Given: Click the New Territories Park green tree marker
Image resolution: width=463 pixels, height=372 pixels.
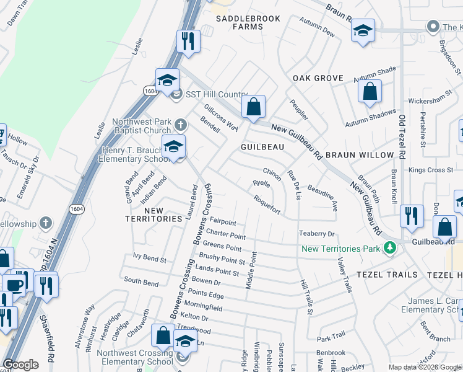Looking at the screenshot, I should pyautogui.click(x=389, y=248).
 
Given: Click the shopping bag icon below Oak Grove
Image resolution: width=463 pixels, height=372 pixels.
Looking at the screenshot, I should pyautogui.click(x=370, y=92).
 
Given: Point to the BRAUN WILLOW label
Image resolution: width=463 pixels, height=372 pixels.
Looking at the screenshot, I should pyautogui.click(x=360, y=154).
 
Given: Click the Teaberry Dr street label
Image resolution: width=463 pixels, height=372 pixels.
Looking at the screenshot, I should pyautogui.click(x=317, y=234).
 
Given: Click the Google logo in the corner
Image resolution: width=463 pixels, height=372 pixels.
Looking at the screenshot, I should pyautogui.click(x=20, y=364).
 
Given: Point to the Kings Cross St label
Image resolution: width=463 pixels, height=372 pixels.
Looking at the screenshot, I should pyautogui.click(x=432, y=170).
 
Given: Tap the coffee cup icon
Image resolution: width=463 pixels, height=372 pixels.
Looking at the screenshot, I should pyautogui.click(x=15, y=285).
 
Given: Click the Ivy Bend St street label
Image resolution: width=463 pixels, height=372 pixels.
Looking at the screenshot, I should pyautogui.click(x=150, y=257).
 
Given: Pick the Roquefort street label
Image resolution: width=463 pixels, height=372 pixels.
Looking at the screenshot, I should pyautogui.click(x=267, y=205).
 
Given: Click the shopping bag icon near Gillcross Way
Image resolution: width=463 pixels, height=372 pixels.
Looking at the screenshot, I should pyautogui.click(x=253, y=107).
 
